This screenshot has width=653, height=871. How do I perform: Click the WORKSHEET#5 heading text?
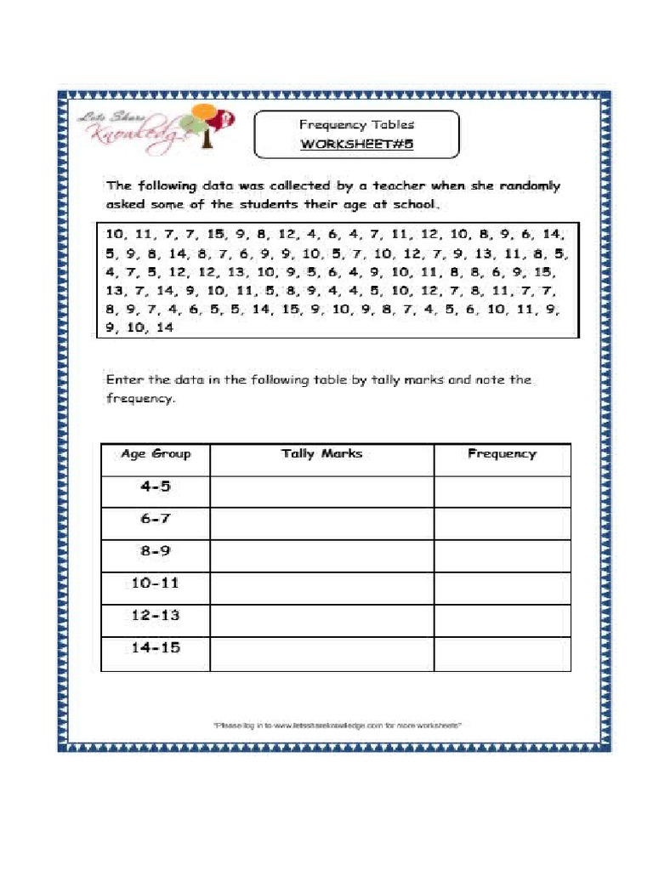point(356,144)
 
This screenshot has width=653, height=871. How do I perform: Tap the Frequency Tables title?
point(356,124)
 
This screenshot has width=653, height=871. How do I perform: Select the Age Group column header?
point(156,454)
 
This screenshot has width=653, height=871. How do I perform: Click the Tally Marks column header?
point(321,454)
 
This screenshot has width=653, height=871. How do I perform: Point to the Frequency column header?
point(502,454)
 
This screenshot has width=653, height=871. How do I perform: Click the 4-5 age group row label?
point(156,487)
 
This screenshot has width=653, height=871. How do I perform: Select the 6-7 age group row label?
point(156,519)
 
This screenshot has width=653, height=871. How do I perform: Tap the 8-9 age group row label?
point(156,551)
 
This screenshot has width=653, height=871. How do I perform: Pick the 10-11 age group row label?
point(156,584)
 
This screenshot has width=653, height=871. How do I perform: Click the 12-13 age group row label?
point(156,615)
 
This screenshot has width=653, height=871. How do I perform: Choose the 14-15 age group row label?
point(156,648)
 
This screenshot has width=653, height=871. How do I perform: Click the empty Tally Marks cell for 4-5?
point(321,491)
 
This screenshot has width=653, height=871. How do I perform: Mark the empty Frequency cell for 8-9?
point(502,555)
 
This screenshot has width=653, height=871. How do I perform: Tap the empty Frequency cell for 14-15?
point(502,653)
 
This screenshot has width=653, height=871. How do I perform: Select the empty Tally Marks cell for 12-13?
point(321,620)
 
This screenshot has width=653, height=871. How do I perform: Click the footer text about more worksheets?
point(337,726)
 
